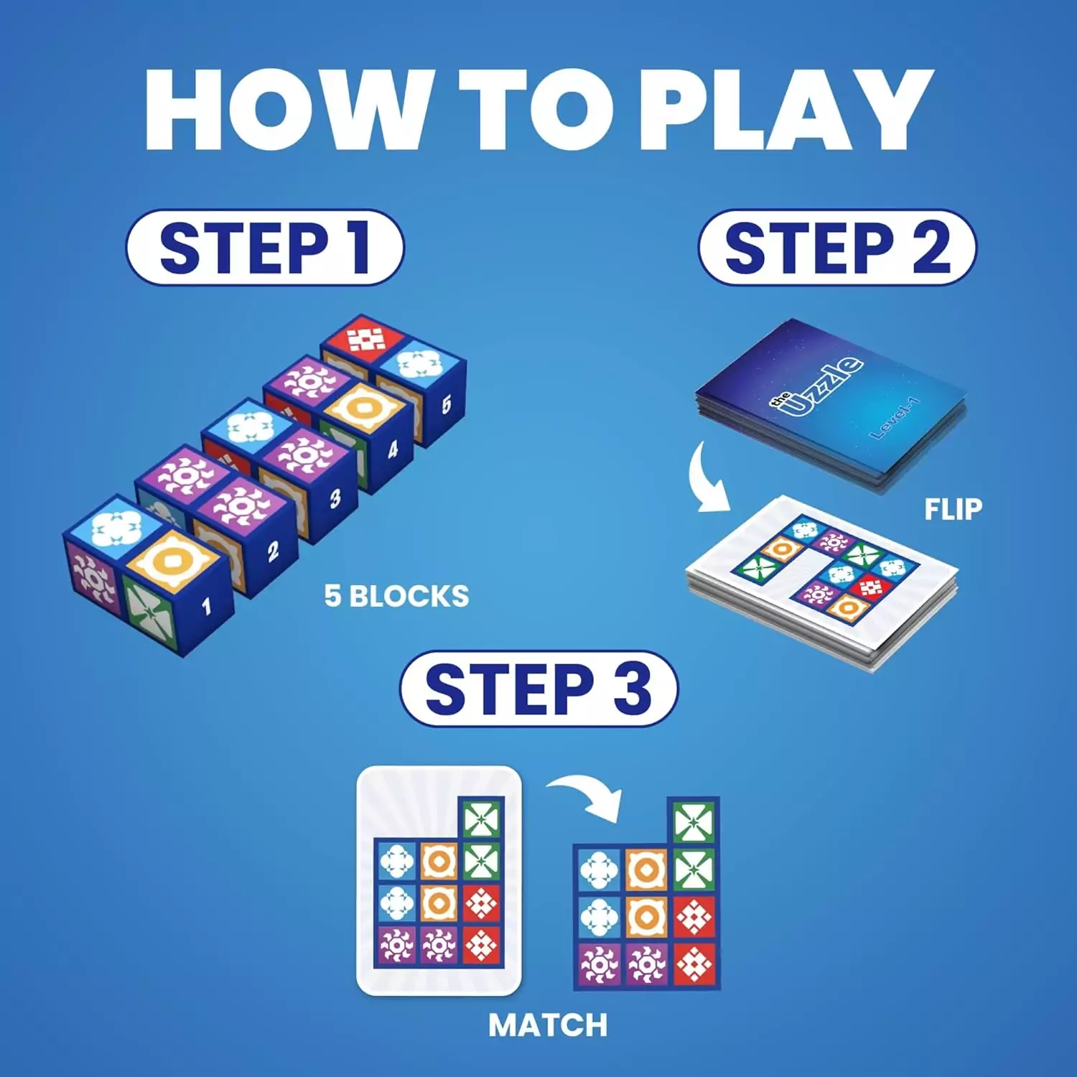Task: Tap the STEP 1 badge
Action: pos(265,248)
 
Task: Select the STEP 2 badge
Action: pos(837,248)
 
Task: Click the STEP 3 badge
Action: pos(538,689)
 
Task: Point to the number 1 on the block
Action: pos(207,607)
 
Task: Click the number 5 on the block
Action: pos(447,404)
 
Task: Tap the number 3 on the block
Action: pos(335,498)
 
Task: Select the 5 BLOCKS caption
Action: pos(396,596)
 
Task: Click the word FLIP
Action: pos(953,509)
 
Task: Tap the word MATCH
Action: pos(548,1025)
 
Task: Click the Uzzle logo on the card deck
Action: pos(819,387)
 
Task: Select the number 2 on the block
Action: pos(273,551)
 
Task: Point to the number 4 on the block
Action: pos(393,450)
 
